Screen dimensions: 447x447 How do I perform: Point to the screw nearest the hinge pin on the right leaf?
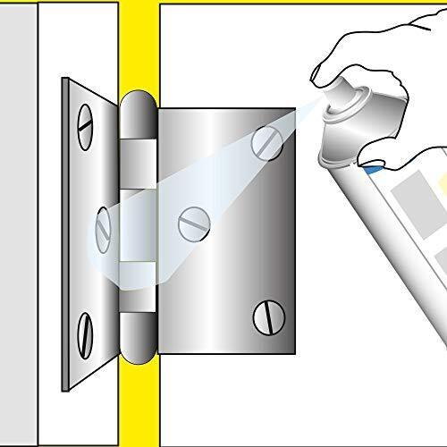click(x=192, y=223)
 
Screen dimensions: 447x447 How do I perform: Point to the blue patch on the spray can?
click(x=369, y=165)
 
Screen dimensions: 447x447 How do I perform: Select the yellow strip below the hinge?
click(x=139, y=402)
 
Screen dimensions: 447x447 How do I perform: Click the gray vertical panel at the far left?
click(x=18, y=223)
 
